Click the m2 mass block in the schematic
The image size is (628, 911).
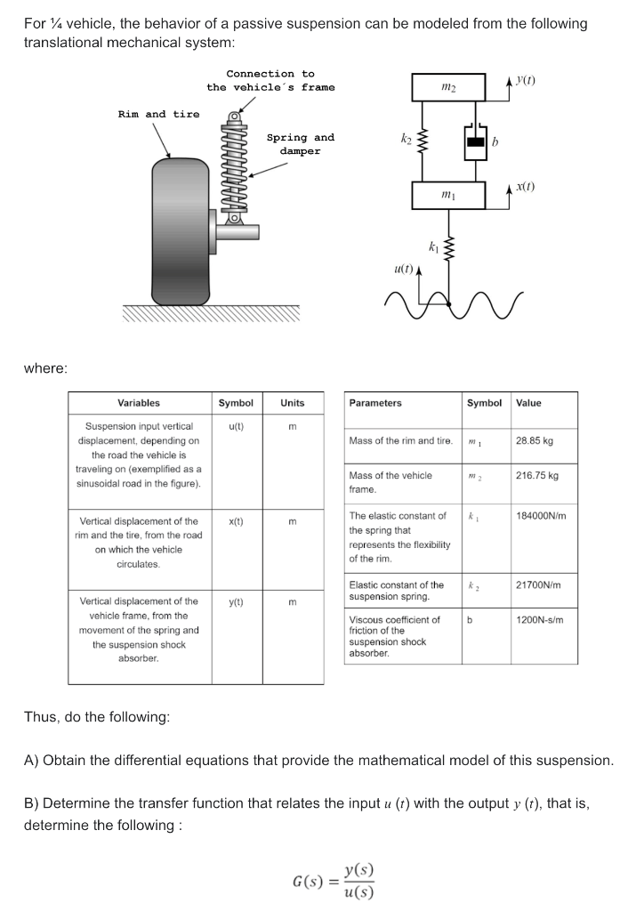(x=448, y=87)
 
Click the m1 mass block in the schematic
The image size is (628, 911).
(x=448, y=195)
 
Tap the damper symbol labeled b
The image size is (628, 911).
(x=475, y=141)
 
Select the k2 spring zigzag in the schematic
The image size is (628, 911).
(x=423, y=141)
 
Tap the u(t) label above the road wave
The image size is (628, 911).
(x=404, y=269)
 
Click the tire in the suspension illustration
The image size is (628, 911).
(x=180, y=230)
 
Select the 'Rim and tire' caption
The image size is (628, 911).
(x=158, y=115)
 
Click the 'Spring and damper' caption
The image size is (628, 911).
(x=301, y=144)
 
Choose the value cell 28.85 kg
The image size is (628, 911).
(x=535, y=440)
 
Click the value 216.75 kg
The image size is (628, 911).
(x=537, y=475)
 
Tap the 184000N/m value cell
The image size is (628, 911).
(x=541, y=515)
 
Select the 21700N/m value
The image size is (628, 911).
(x=538, y=585)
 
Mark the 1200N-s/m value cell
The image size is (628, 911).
(x=540, y=620)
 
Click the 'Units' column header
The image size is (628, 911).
(x=293, y=403)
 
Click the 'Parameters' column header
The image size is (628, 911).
(x=375, y=403)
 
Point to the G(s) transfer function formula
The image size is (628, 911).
(x=334, y=881)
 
